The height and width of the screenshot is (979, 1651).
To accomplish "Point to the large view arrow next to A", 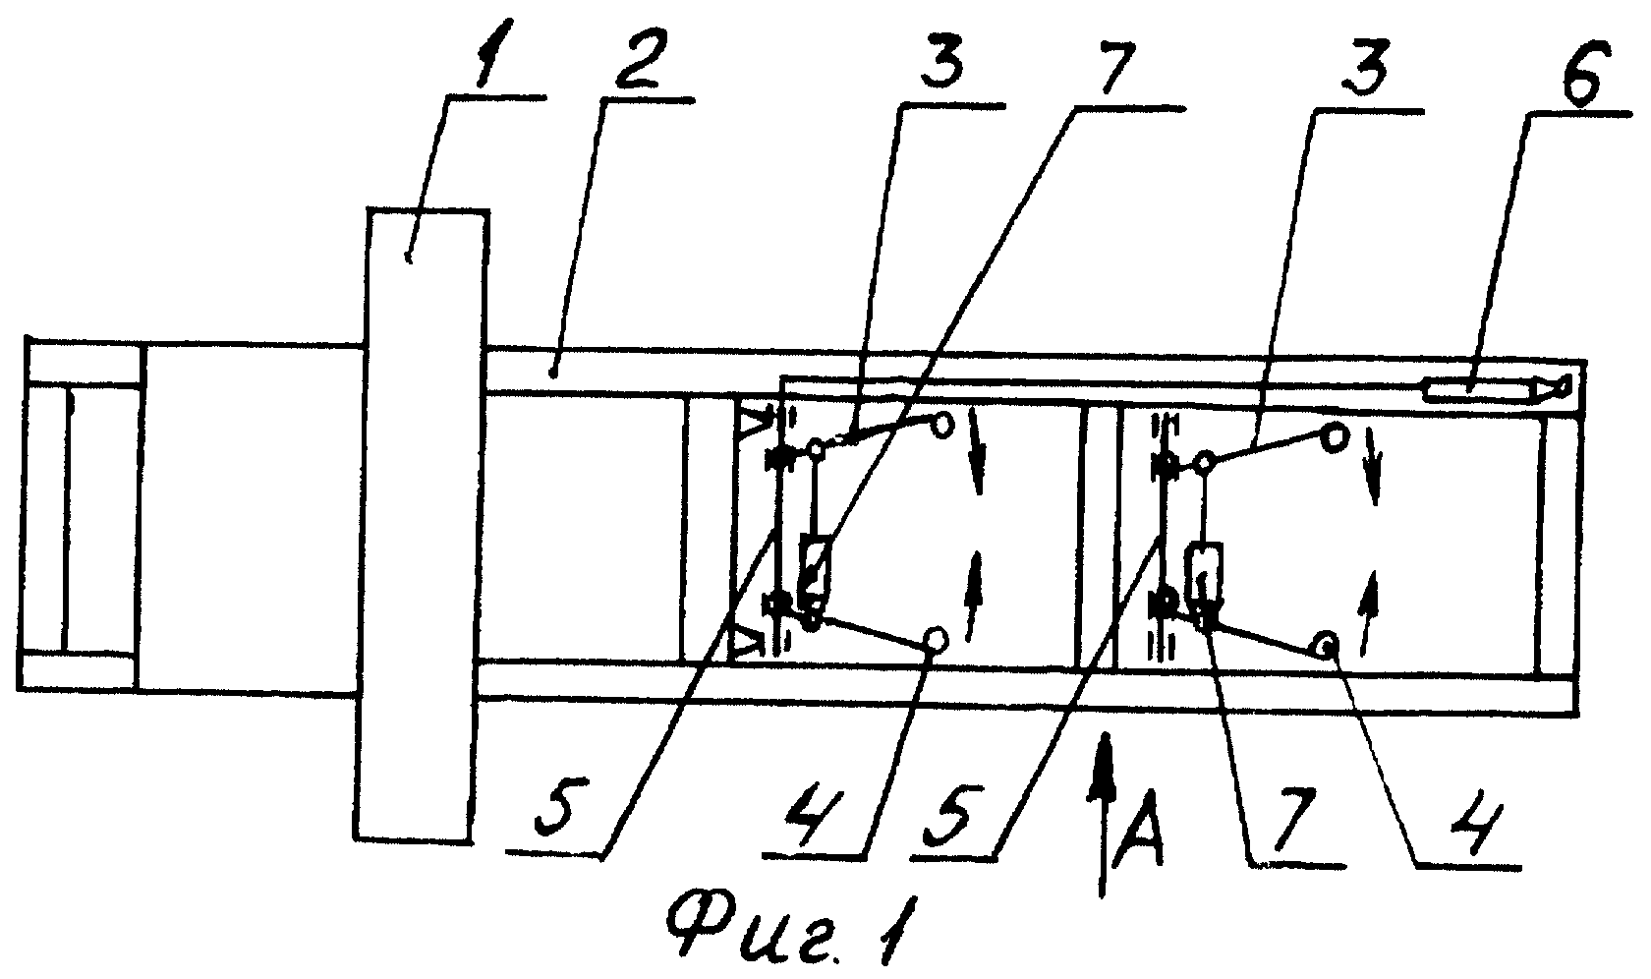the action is click(1103, 815).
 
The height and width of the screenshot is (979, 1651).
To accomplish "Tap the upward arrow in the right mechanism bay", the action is click(1369, 611).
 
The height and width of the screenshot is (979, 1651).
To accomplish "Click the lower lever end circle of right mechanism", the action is click(1325, 646).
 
